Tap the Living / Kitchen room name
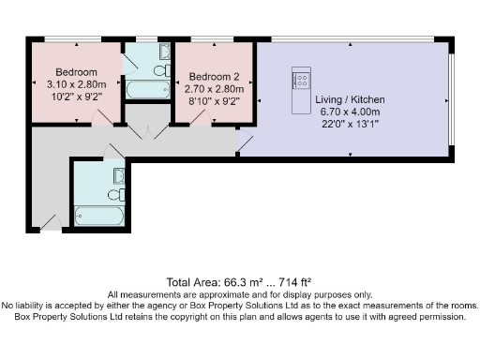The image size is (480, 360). [350, 99]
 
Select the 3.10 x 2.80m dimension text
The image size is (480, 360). [76, 84]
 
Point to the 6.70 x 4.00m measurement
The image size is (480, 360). [350, 111]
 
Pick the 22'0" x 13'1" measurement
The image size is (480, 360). [350, 122]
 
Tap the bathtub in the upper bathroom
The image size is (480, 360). [147, 91]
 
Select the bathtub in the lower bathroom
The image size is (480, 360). [98, 216]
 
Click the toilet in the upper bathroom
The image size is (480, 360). [160, 70]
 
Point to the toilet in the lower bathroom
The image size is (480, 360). [115, 194]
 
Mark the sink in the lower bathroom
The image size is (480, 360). [119, 174]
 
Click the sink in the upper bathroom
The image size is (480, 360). [165, 52]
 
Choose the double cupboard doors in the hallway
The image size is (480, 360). [146, 132]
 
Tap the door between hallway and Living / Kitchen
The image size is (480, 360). [244, 142]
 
